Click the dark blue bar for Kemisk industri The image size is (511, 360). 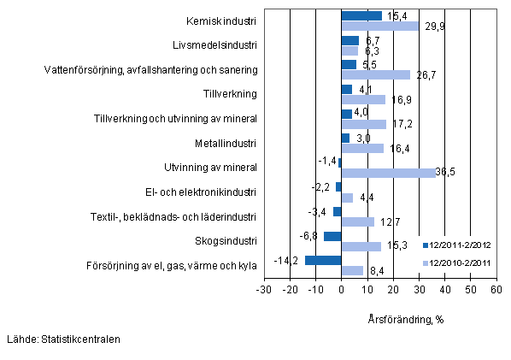[x=361, y=15]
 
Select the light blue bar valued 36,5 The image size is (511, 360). [x=388, y=173]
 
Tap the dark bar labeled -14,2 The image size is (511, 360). [x=323, y=261]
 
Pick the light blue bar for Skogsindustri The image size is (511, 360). [x=361, y=247]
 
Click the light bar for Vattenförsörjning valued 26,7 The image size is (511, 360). [x=375, y=74]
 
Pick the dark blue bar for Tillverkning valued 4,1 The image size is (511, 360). [x=346, y=89]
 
